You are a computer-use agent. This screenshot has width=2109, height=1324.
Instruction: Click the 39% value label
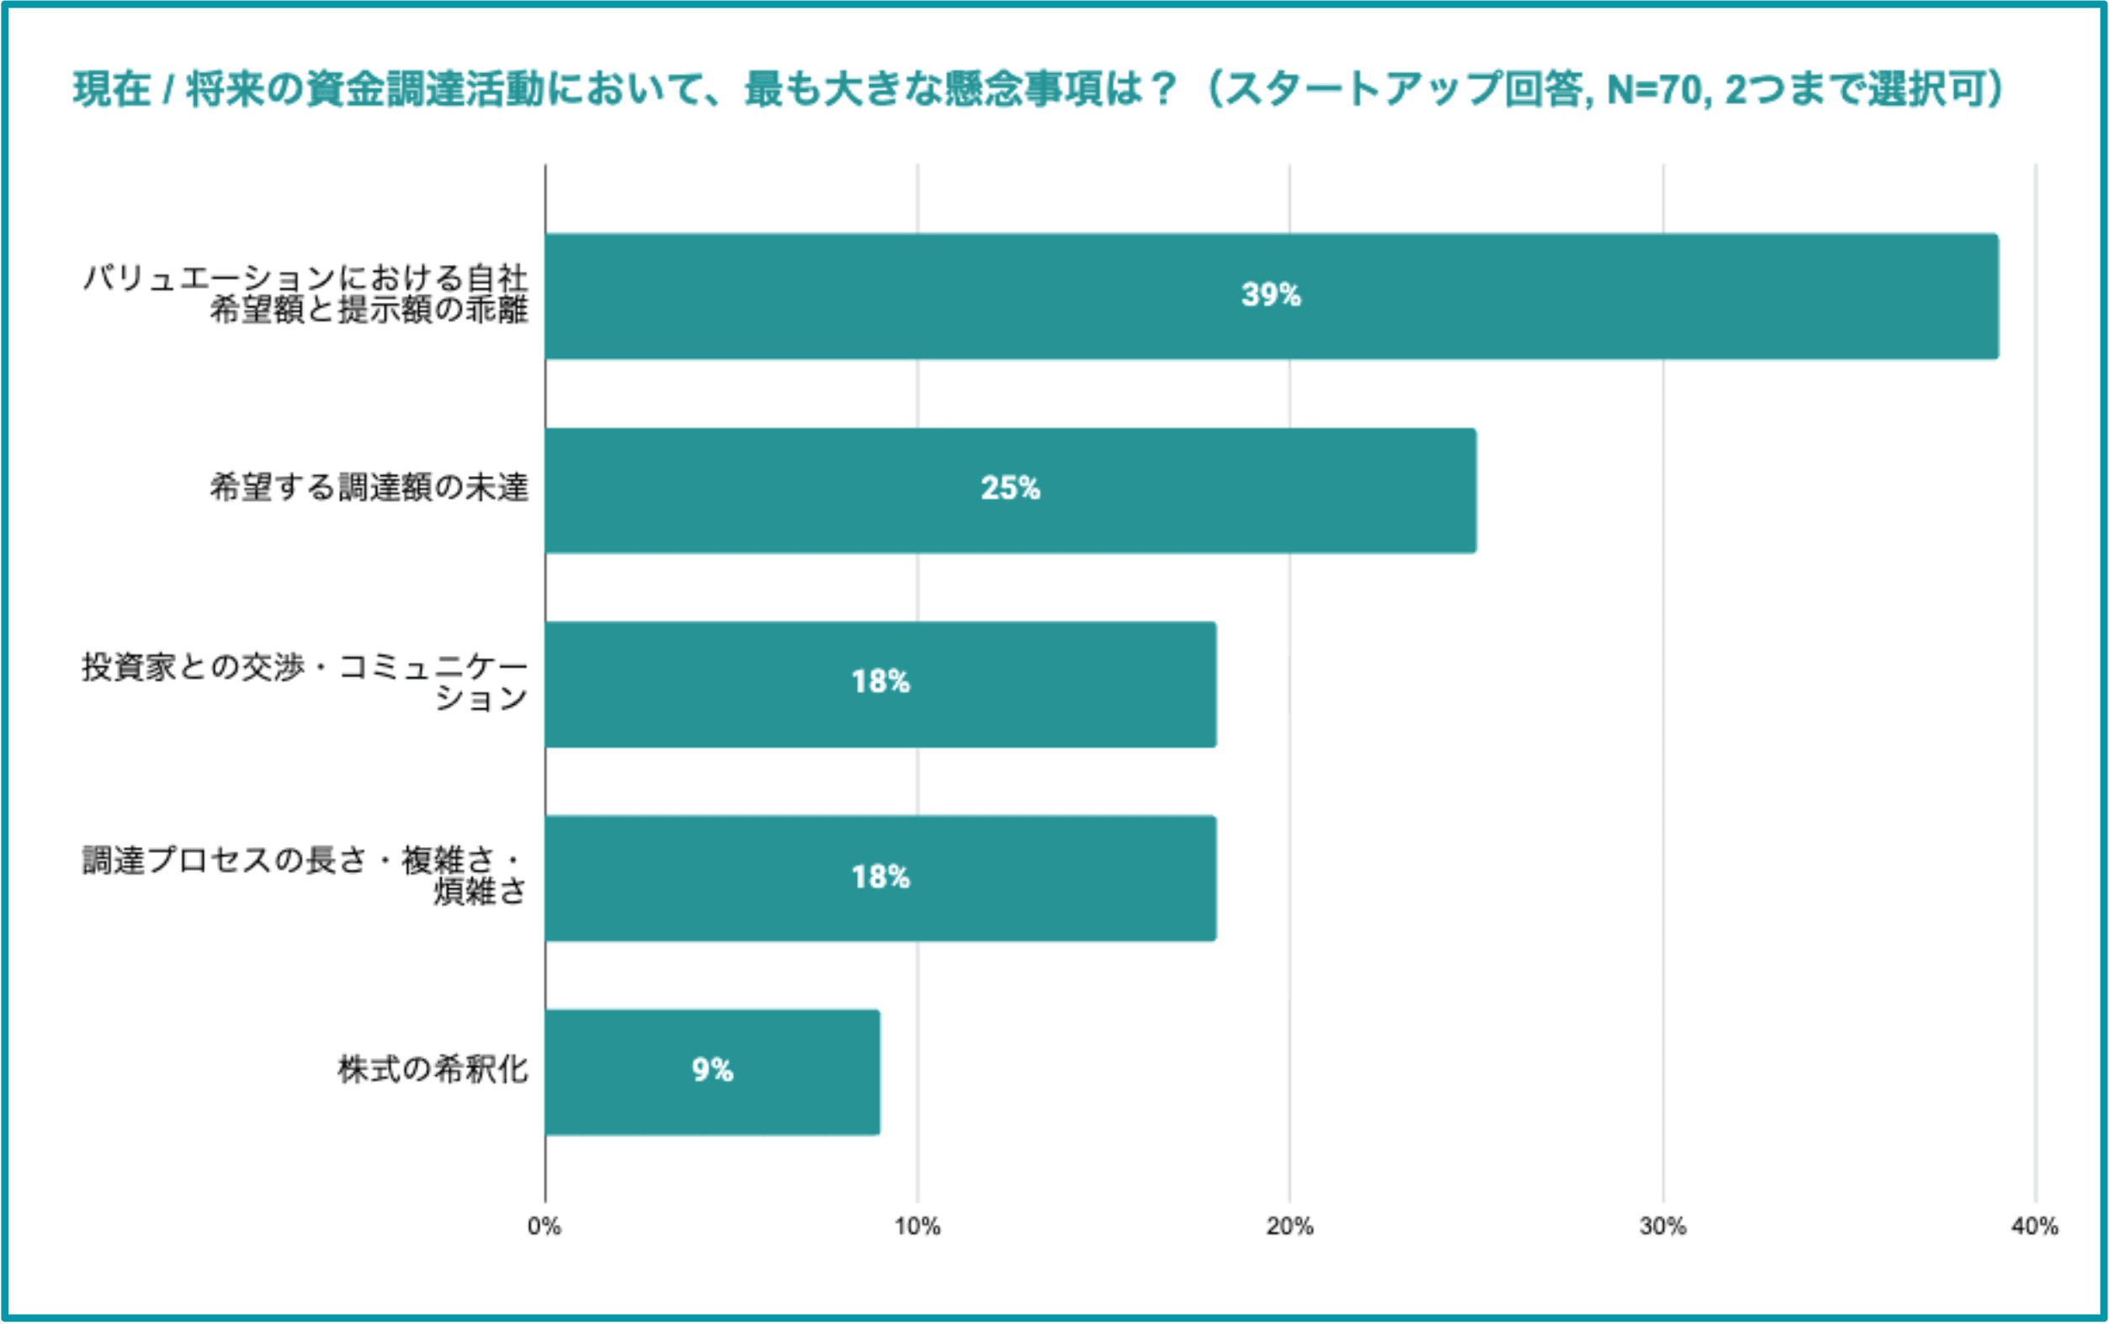click(x=1270, y=295)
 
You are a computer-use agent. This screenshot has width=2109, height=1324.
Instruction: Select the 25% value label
click(x=1010, y=489)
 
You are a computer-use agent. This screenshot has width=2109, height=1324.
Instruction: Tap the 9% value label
click(x=712, y=1070)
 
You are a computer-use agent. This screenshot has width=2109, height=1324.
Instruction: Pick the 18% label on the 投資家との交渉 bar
click(x=880, y=682)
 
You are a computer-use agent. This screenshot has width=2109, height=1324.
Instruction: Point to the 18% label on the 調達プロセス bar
click(x=880, y=876)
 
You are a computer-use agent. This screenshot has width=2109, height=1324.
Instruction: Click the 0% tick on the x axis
click(x=544, y=1226)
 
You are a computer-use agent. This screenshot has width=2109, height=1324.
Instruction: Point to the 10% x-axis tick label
click(x=917, y=1226)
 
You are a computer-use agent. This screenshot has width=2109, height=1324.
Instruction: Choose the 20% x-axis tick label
click(x=1289, y=1226)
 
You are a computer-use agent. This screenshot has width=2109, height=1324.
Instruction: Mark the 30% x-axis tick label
click(x=1662, y=1226)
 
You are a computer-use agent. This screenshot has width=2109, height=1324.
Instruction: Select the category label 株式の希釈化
click(x=433, y=1069)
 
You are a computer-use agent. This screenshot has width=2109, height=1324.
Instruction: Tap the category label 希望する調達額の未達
click(x=369, y=488)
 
